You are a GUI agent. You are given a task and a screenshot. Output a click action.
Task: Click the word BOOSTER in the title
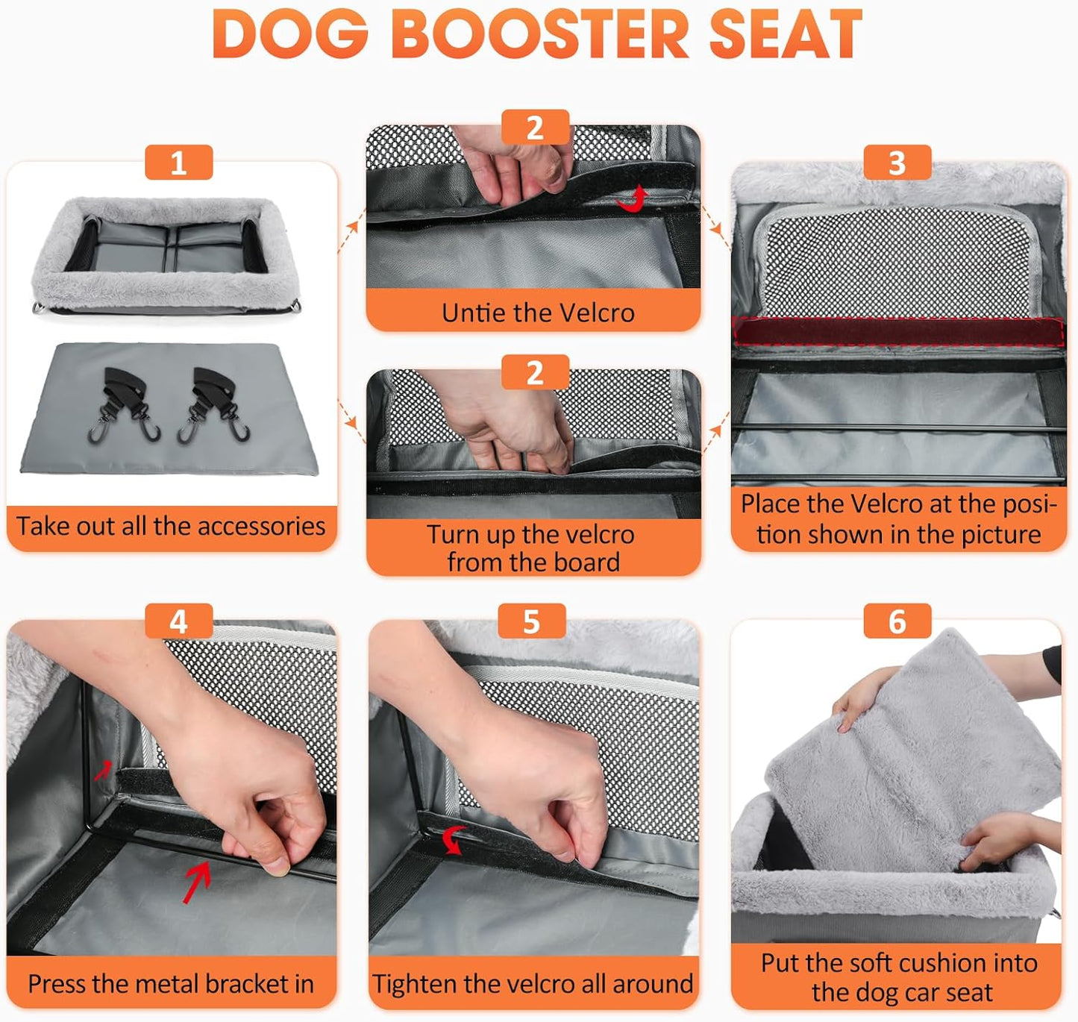point(541,34)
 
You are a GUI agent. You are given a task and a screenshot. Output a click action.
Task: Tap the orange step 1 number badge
point(178,163)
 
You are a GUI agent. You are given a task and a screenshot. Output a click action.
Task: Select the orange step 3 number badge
point(897,163)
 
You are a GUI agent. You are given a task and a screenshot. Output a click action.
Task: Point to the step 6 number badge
point(897,621)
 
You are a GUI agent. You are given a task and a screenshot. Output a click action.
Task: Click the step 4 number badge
point(178,621)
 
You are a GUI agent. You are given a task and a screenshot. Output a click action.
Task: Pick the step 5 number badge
point(531,621)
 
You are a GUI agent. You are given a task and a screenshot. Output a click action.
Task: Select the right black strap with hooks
point(215,404)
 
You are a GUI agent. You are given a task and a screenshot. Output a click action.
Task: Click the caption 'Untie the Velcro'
point(537,313)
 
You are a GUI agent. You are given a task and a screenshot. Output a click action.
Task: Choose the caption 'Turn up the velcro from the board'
point(531,548)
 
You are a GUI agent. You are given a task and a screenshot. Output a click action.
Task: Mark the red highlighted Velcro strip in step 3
point(898,331)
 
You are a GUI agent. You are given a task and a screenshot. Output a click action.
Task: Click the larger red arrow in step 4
point(197,880)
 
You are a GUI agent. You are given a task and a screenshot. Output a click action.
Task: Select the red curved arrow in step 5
point(454,839)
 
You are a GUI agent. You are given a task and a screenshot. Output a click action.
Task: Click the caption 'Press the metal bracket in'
point(171,984)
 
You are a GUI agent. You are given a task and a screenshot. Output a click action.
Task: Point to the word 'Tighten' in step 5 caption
point(414,984)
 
